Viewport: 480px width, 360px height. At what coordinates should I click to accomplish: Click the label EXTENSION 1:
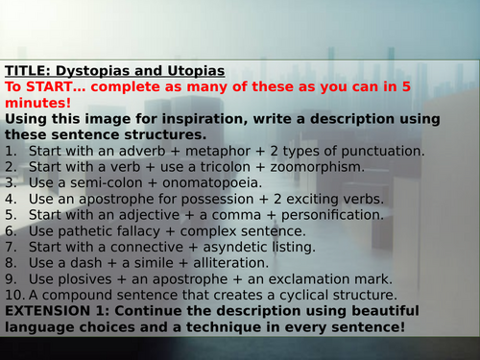(53, 312)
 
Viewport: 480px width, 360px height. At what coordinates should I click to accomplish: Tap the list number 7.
(11, 248)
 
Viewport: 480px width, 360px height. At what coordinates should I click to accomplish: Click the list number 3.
(11, 183)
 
